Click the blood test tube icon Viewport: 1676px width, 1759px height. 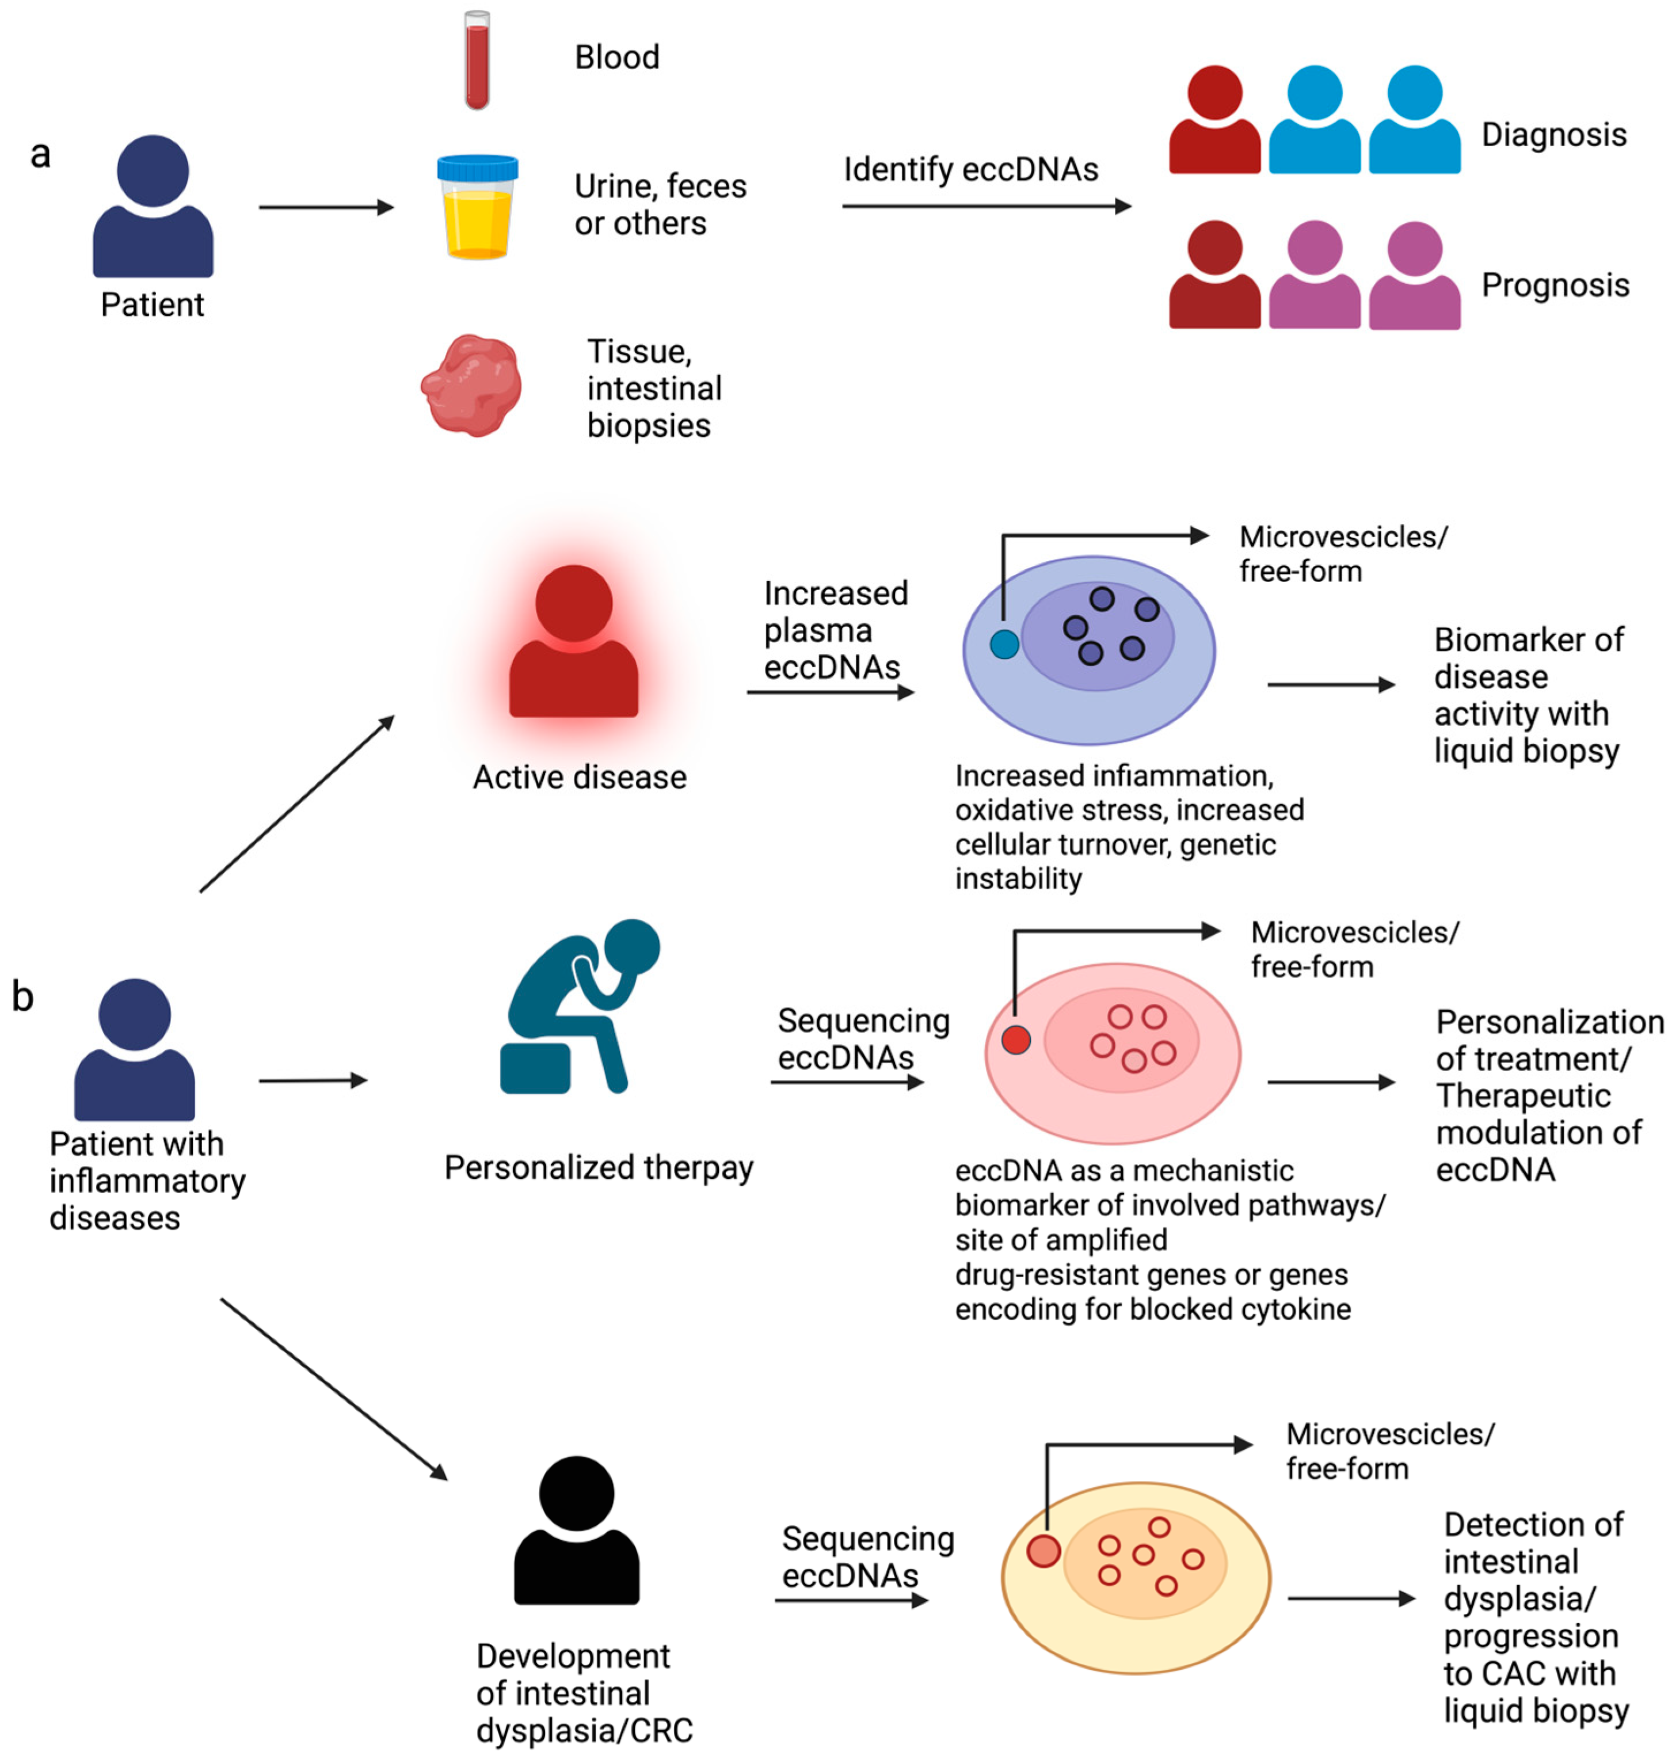click(x=477, y=61)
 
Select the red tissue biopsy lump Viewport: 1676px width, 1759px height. click(x=472, y=386)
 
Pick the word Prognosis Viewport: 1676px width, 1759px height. click(x=1555, y=285)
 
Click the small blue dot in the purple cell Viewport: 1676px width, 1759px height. click(x=1004, y=644)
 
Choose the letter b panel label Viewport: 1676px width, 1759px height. click(x=22, y=997)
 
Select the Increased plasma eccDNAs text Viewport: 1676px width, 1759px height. click(x=835, y=630)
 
